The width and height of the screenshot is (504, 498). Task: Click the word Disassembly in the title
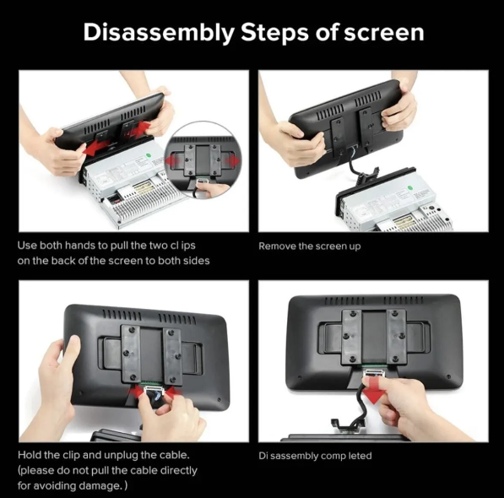click(159, 33)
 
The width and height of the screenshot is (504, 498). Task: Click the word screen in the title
click(384, 33)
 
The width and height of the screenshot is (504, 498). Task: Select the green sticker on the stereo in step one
click(149, 155)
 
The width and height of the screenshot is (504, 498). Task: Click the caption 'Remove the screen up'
click(310, 246)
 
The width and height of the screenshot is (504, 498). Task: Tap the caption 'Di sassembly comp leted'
click(315, 456)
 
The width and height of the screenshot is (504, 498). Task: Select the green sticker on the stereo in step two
click(410, 187)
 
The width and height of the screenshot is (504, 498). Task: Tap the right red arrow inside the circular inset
click(231, 160)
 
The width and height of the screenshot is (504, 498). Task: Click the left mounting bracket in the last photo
click(352, 337)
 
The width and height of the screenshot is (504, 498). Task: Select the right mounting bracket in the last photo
click(397, 337)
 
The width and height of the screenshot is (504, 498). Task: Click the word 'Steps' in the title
click(275, 33)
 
